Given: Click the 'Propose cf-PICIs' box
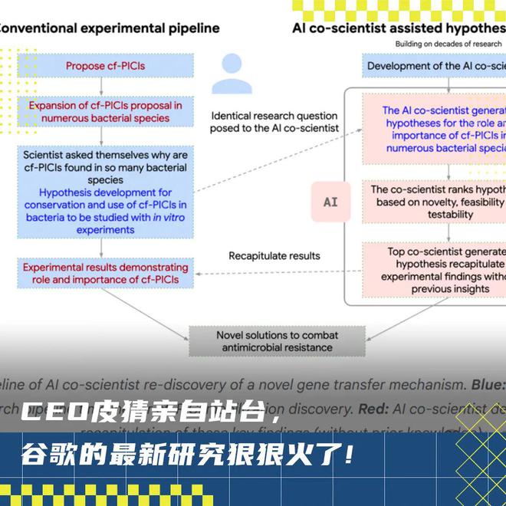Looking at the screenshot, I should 105,66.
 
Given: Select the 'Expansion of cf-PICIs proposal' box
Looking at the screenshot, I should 105,111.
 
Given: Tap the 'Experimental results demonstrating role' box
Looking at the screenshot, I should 105,274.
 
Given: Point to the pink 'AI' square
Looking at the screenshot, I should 330,202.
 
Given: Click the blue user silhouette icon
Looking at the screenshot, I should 232,74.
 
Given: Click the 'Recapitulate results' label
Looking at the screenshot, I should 274,255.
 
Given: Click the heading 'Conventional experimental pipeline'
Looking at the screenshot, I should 107,28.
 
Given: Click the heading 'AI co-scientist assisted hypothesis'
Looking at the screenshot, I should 399,28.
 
